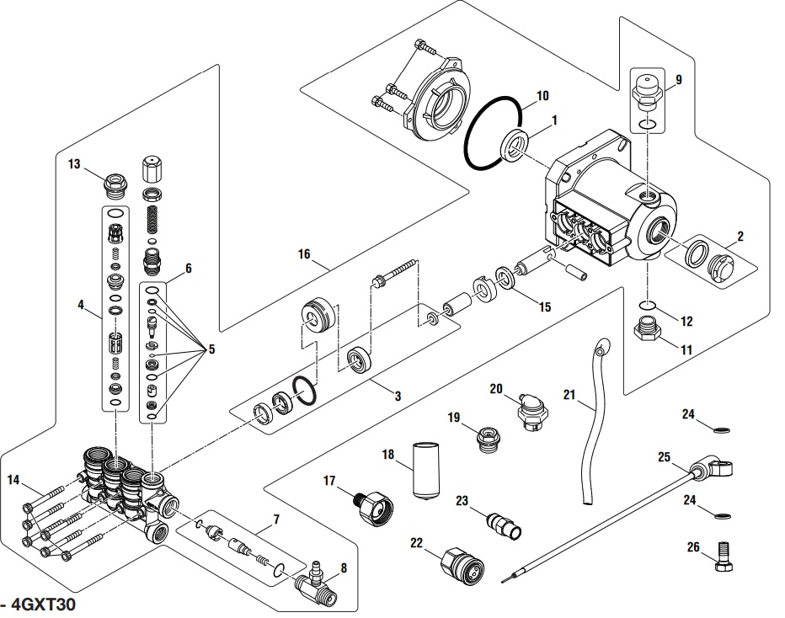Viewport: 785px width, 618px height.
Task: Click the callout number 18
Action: pos(388,455)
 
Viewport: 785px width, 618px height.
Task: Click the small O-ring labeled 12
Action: pos(648,306)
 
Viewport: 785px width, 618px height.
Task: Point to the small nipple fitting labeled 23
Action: pos(506,520)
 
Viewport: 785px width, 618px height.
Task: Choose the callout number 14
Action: pos(13,481)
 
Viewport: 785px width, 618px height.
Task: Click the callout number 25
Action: pos(664,457)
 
